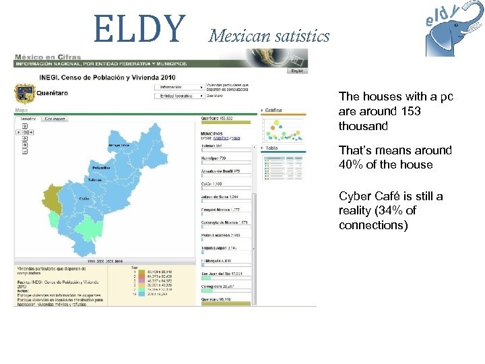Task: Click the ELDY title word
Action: (139, 28)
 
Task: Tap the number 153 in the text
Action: (412, 111)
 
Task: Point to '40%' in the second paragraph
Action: (350, 164)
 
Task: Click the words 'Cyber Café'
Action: (367, 196)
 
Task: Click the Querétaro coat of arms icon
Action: (24, 92)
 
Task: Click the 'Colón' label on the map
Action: (84, 199)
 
